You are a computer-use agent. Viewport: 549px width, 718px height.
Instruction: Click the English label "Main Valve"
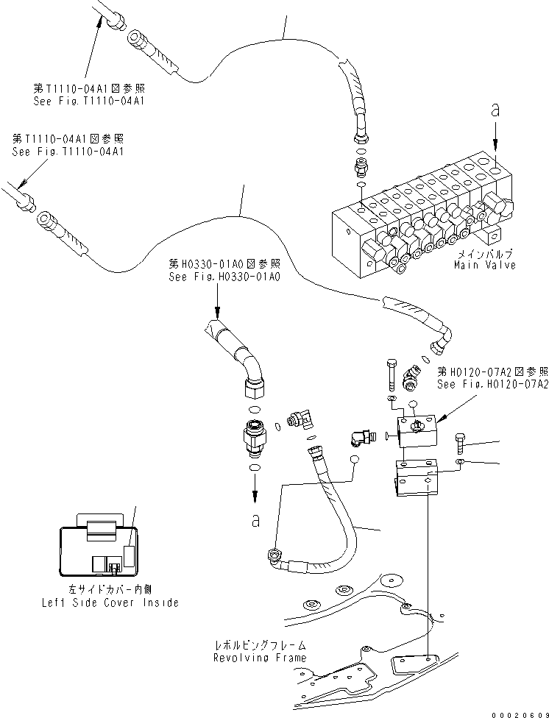(x=484, y=265)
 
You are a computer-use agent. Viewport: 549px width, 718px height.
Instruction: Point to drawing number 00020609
(x=517, y=709)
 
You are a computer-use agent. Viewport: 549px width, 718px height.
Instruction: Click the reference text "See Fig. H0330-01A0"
(x=224, y=277)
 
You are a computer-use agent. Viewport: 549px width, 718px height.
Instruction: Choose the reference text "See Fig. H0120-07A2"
(x=492, y=384)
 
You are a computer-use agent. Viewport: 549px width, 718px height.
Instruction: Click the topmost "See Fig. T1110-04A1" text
(x=88, y=100)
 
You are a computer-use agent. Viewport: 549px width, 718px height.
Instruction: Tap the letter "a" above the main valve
(x=495, y=110)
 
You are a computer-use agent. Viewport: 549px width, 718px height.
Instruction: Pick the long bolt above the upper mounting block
(x=392, y=375)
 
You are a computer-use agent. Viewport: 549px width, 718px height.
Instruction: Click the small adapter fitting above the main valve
(x=360, y=168)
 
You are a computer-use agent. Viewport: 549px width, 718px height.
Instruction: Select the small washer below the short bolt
(x=459, y=461)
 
